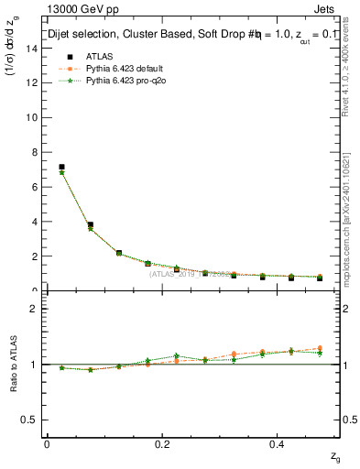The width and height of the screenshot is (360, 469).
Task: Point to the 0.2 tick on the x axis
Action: pos(163,443)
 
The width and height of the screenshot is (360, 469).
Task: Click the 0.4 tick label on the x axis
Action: pos(278,443)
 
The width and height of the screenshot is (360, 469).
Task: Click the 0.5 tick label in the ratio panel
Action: pos(31,420)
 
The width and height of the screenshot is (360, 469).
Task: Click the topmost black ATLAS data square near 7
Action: pos(61,167)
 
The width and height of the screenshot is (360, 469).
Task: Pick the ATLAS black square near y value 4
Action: pos(90,224)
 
